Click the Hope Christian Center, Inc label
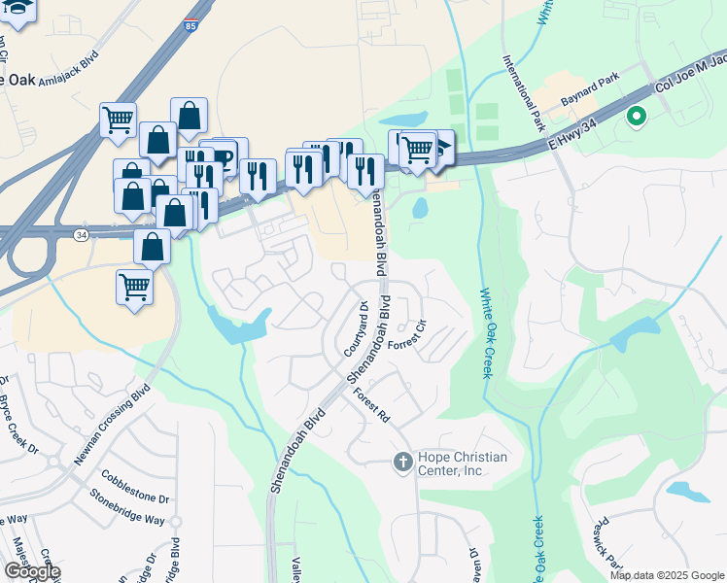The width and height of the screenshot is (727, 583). (464, 463)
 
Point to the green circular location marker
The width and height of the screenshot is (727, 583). (637, 118)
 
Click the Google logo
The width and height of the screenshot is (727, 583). (32, 570)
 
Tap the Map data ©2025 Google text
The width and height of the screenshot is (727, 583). (667, 574)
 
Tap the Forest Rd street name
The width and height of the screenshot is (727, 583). (371, 405)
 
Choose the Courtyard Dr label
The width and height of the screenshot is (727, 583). (356, 328)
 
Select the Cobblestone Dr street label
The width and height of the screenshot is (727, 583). (135, 487)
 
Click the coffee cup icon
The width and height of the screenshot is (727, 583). (223, 155)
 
